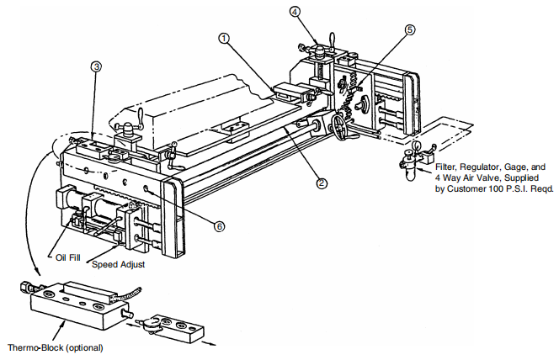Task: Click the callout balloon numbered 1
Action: tap(223, 38)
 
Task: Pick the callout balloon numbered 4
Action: tap(295, 12)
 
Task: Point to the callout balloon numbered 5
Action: tap(409, 29)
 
